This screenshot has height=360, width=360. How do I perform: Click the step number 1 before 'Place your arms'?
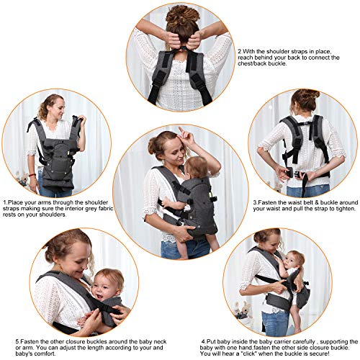(4, 204)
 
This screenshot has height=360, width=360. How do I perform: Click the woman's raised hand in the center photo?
(185, 136)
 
